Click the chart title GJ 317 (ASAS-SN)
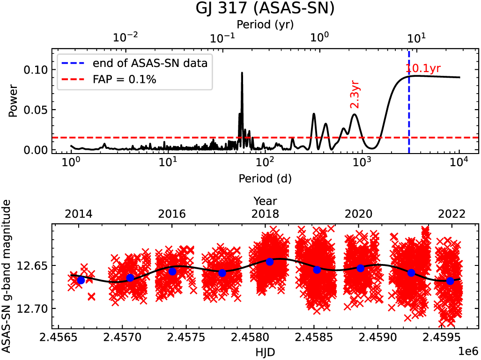(265, 9)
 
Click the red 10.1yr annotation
(423, 69)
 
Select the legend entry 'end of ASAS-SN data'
(150, 63)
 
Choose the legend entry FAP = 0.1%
(124, 80)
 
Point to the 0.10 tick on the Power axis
(37, 70)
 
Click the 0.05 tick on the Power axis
(37, 110)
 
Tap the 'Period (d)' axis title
(265, 178)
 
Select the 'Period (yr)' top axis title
(265, 23)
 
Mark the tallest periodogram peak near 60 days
(242, 73)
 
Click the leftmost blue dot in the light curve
(81, 280)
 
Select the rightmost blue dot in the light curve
(451, 281)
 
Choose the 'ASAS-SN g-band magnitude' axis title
(7, 276)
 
